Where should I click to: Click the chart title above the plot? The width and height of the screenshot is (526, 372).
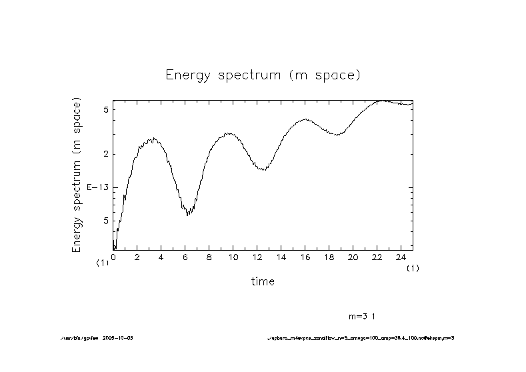263,75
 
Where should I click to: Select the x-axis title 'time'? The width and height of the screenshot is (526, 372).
263,281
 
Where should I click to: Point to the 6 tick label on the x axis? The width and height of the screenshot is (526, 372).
185,257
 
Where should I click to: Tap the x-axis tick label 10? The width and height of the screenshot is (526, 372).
233,257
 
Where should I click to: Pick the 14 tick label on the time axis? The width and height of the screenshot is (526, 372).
281,257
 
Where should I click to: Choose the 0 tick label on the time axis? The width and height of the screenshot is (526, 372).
113,257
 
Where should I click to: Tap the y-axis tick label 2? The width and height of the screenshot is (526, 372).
105,154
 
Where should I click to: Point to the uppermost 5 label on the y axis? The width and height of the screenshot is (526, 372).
105,109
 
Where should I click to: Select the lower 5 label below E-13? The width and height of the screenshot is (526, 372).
105,221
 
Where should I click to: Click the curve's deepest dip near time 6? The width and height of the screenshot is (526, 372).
188,215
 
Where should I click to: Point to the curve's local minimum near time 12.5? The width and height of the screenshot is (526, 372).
264,170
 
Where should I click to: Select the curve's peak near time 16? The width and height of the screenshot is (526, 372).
305,119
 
